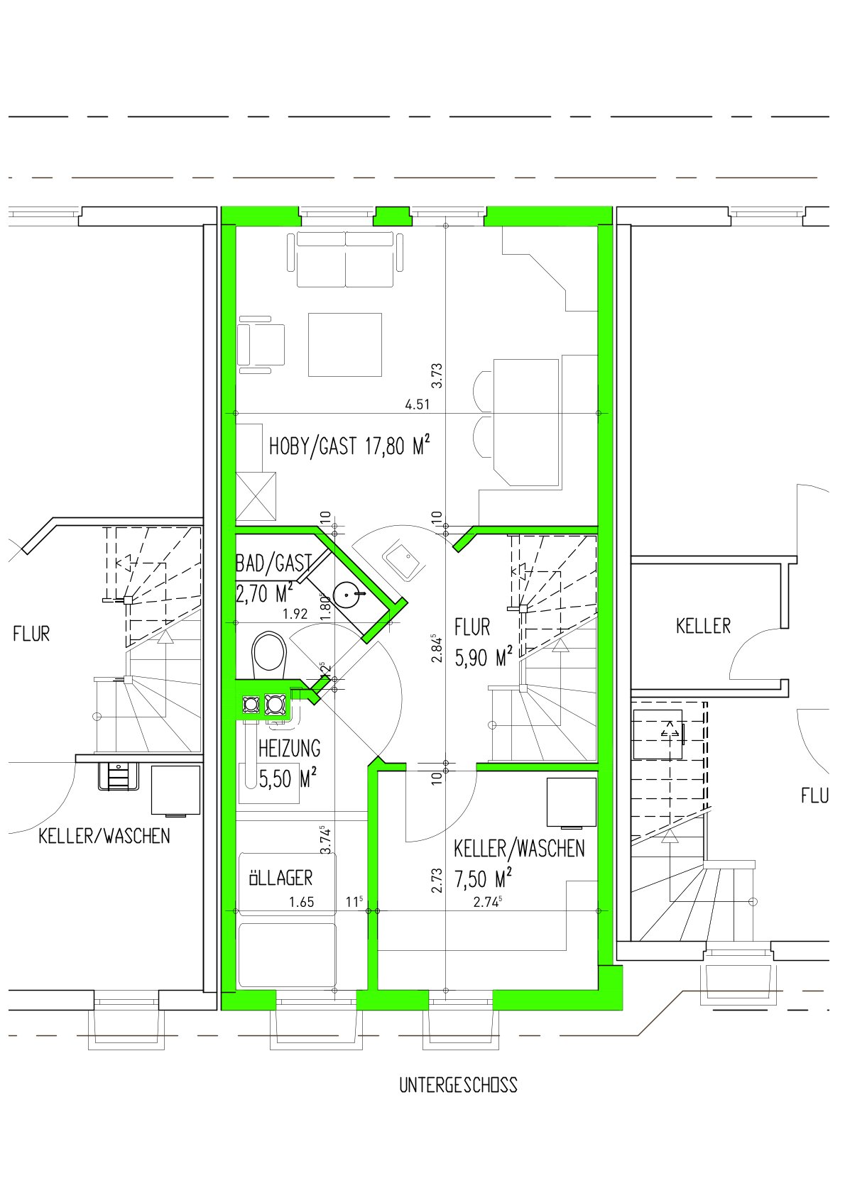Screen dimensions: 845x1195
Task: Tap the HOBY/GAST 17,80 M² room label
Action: (x=349, y=446)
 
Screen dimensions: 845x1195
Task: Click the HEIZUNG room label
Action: (x=289, y=749)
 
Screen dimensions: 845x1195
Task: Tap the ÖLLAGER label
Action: (x=280, y=878)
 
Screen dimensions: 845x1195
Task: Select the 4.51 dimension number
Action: (x=418, y=404)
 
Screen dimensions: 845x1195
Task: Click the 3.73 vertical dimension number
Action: (x=437, y=375)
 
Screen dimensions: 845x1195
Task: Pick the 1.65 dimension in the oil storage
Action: (x=302, y=902)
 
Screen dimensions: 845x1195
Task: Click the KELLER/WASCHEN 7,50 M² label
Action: (x=519, y=864)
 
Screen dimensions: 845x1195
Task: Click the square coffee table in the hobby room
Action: (x=345, y=345)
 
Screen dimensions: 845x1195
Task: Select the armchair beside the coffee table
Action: (x=261, y=345)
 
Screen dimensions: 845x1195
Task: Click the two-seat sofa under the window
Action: (x=346, y=259)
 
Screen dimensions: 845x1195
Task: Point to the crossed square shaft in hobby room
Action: (x=256, y=497)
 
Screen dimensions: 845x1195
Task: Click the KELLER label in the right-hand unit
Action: (x=703, y=627)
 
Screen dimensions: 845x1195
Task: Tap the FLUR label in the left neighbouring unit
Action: (x=31, y=634)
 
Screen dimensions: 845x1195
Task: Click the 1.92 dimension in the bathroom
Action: (x=295, y=614)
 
